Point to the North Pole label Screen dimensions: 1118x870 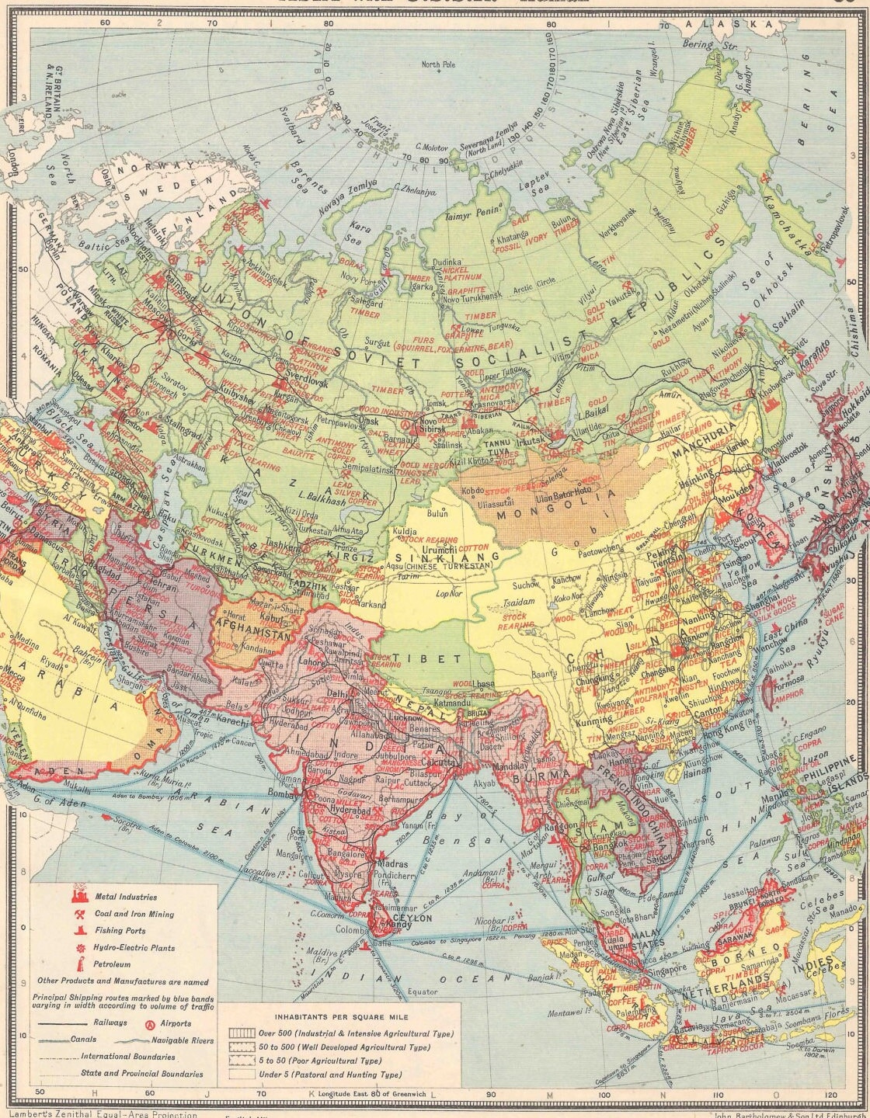pyautogui.click(x=437, y=64)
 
